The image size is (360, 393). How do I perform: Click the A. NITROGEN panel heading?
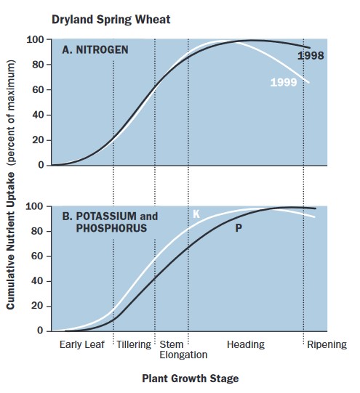click(x=95, y=50)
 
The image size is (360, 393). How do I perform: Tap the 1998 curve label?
click(x=311, y=55)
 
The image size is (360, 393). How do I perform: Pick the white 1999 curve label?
click(x=282, y=83)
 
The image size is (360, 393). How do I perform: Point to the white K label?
click(x=196, y=214)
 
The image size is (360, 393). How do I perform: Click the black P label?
click(x=238, y=229)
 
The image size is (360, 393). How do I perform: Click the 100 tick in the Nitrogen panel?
click(x=36, y=39)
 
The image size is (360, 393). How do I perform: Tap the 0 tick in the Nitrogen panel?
click(x=41, y=165)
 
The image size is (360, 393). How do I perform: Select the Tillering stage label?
click(x=134, y=344)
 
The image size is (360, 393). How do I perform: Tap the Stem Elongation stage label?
click(x=183, y=349)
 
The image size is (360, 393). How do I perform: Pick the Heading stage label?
click(x=245, y=344)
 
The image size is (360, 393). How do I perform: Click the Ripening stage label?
click(x=326, y=344)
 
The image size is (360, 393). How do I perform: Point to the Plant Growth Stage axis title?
click(x=190, y=378)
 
